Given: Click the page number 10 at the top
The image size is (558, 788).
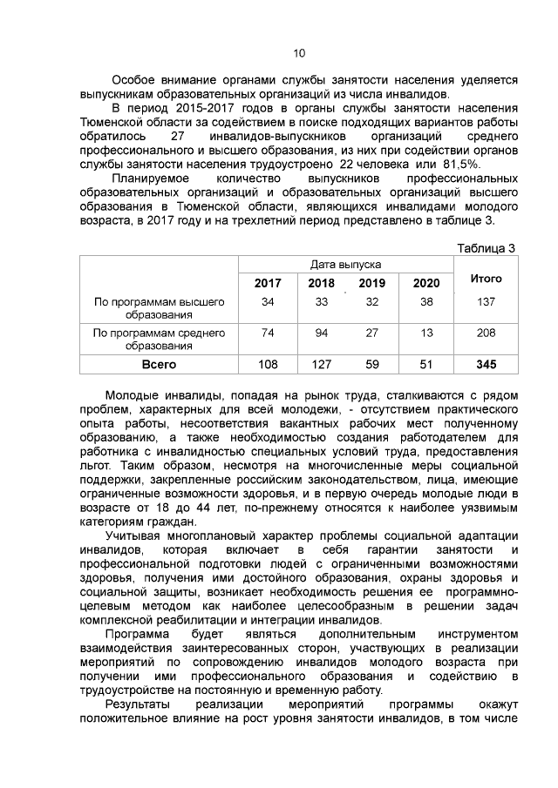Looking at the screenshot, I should [299, 54].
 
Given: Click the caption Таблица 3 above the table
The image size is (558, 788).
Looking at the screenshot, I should [487, 247].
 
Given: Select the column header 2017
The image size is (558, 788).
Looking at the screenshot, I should [268, 283].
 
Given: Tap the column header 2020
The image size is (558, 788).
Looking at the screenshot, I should [426, 283].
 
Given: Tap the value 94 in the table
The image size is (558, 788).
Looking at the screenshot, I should [321, 333].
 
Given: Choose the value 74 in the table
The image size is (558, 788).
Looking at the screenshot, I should [268, 333].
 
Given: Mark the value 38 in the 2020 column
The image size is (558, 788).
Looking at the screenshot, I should [426, 301].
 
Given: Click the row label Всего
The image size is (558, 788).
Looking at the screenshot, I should [159, 364].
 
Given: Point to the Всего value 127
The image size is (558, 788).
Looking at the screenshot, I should [321, 364].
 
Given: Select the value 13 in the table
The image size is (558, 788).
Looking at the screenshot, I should [426, 333].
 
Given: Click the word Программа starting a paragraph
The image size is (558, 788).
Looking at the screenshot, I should [137, 633].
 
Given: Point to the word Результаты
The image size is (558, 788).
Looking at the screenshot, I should [139, 704].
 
